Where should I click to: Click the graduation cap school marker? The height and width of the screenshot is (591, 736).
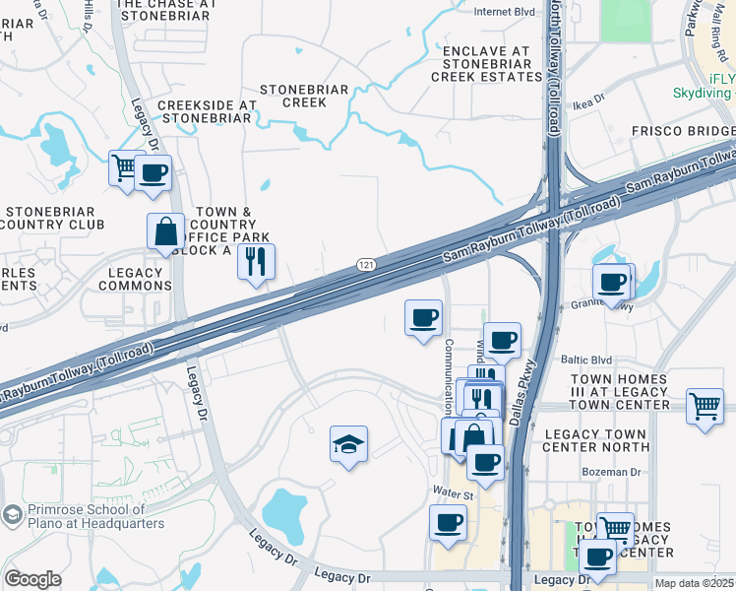pyautogui.click(x=348, y=444)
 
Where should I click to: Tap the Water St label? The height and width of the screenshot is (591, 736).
pyautogui.click(x=454, y=490)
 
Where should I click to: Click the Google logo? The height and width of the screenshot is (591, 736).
pyautogui.click(x=31, y=579)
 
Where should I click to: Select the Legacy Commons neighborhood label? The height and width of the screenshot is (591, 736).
pyautogui.click(x=135, y=279)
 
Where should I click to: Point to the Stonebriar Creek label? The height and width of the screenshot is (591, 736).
pyautogui.click(x=304, y=96)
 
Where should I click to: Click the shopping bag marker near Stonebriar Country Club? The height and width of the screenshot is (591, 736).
pyautogui.click(x=165, y=231)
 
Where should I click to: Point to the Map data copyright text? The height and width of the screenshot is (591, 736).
pyautogui.click(x=694, y=583)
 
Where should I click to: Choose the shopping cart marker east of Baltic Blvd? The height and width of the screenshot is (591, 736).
pyautogui.click(x=705, y=406)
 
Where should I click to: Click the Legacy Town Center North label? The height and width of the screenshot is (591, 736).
pyautogui.click(x=596, y=441)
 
